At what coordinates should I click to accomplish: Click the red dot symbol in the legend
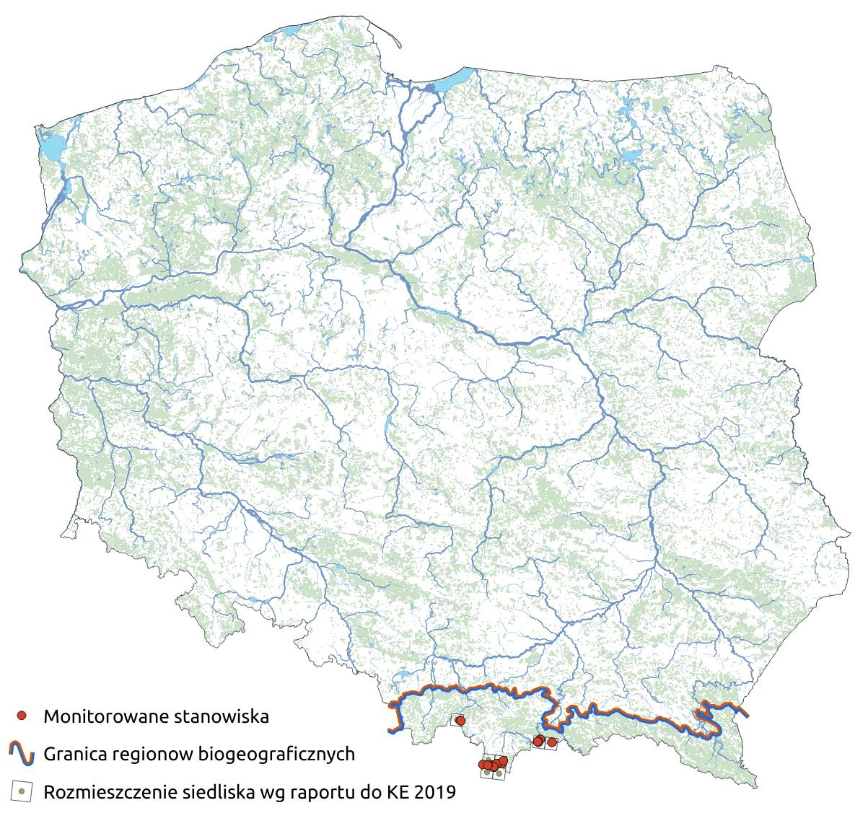coord(22,716)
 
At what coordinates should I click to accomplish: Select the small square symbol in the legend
coord(22,792)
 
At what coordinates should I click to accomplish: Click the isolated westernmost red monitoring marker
coord(460,721)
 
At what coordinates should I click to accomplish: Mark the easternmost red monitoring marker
coord(552,742)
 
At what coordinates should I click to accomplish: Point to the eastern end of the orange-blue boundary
coord(746,715)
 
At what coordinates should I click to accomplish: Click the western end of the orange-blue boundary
coord(390,731)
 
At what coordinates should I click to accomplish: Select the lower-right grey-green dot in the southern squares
coord(499,773)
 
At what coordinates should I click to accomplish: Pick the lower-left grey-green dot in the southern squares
coord(488,773)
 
